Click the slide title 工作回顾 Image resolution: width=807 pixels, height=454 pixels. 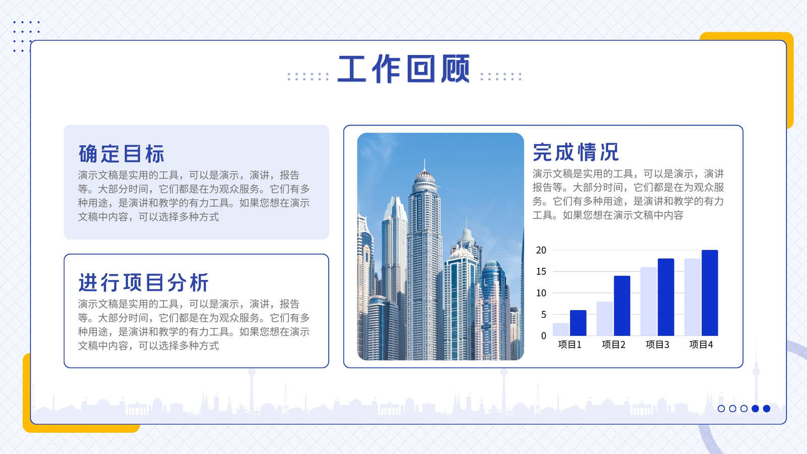(404, 69)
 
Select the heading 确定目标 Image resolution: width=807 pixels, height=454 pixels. (122, 154)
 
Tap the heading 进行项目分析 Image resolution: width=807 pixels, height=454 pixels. (144, 282)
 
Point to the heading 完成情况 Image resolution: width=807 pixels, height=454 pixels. (575, 152)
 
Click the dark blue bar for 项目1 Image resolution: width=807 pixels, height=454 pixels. (578, 323)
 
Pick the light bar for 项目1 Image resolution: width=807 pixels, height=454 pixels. (561, 329)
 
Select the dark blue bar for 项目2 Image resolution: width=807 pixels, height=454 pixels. (622, 306)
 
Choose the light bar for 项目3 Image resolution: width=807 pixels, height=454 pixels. (649, 302)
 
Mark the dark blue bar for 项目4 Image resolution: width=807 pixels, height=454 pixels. (710, 293)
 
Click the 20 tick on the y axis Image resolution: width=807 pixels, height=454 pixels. (541, 250)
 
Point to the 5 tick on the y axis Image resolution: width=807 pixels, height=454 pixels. (544, 315)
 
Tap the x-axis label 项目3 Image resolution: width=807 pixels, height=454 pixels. (657, 345)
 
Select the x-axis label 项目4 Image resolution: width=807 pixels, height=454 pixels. (701, 345)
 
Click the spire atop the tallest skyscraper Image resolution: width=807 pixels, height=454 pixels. (424, 164)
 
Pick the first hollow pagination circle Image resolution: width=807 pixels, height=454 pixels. (721, 409)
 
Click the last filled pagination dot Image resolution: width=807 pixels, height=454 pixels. (767, 409)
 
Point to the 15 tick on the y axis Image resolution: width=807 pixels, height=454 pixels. (541, 271)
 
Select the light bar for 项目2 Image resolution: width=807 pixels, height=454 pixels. (605, 318)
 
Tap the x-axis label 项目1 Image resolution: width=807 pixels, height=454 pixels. (569, 345)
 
